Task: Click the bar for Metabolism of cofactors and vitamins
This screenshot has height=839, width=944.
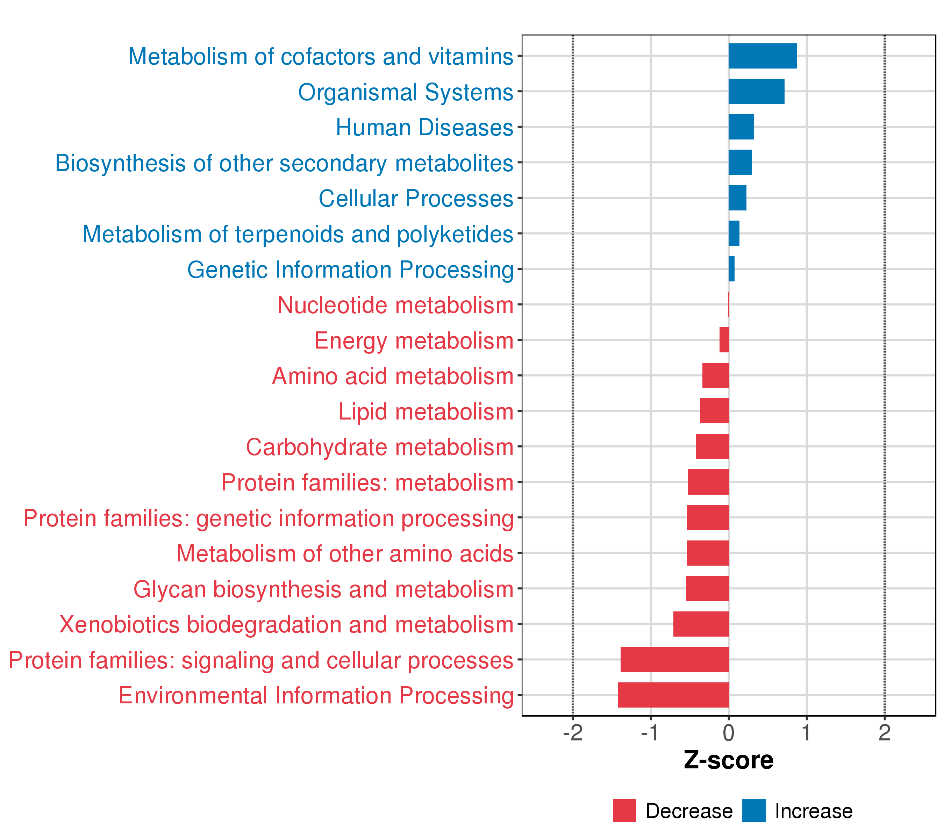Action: click(763, 56)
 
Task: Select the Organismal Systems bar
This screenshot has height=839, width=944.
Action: click(756, 92)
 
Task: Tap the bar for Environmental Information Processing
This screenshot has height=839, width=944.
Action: click(673, 695)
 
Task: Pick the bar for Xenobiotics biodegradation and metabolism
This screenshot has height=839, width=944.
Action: click(701, 624)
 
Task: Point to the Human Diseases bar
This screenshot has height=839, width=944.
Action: click(741, 127)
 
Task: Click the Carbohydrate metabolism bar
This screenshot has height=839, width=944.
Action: click(712, 446)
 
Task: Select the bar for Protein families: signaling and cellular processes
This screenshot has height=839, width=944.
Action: click(674, 659)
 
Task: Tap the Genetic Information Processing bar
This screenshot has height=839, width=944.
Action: click(731, 269)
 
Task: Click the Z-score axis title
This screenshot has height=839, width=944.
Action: click(728, 760)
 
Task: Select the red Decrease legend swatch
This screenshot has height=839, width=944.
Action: click(624, 811)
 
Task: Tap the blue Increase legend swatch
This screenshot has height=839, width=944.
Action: click(754, 811)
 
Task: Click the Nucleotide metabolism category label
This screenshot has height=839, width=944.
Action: click(395, 305)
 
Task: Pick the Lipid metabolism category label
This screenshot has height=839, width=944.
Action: click(426, 412)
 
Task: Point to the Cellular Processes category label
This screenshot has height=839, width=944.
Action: click(416, 199)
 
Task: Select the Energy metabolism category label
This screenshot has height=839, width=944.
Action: click(414, 341)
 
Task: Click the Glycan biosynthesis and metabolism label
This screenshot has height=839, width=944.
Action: click(323, 589)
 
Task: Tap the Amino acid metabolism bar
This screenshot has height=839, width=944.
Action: click(715, 375)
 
